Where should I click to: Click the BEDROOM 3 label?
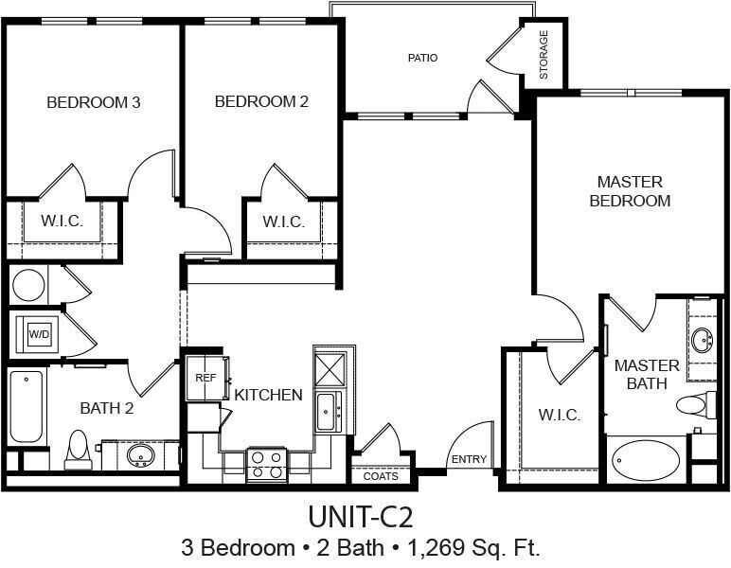pos(94,102)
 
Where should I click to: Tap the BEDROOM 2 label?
pos(261,102)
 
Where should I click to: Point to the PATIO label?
pos(422,58)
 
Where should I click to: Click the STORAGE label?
pos(544,56)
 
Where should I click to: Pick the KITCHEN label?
pos(268,395)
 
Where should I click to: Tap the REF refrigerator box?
pos(205,378)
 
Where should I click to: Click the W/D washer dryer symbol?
pos(38,334)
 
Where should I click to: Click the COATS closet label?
pos(381,476)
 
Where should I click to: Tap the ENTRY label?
pos(469,460)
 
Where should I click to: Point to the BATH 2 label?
pos(106,409)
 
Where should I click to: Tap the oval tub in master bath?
pos(646,461)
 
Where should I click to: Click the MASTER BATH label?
pos(647,375)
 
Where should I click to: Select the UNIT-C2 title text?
pos(361,517)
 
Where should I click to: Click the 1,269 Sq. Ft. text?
pos(473,547)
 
